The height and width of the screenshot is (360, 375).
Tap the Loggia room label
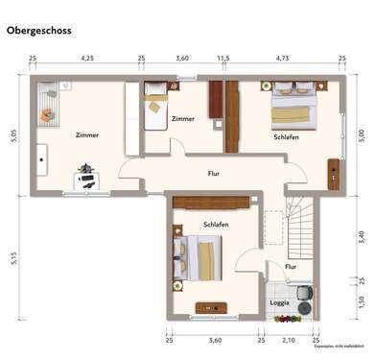[x=279, y=302]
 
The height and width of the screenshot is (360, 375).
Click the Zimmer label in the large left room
[x=86, y=135]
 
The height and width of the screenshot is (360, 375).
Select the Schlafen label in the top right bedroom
[x=285, y=137]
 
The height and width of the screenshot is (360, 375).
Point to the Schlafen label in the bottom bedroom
[x=216, y=224]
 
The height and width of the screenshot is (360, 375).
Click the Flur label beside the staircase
[x=290, y=266]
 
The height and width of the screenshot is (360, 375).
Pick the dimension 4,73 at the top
[x=282, y=59]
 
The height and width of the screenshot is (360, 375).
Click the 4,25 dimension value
[x=87, y=59]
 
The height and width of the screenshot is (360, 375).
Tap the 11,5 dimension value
[x=223, y=59]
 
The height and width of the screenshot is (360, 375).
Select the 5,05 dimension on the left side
[x=13, y=135]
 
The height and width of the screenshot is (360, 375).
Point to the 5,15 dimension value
[x=13, y=257]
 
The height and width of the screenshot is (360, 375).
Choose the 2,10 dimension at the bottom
[x=288, y=340]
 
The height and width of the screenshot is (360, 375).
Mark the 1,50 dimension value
[x=361, y=302]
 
